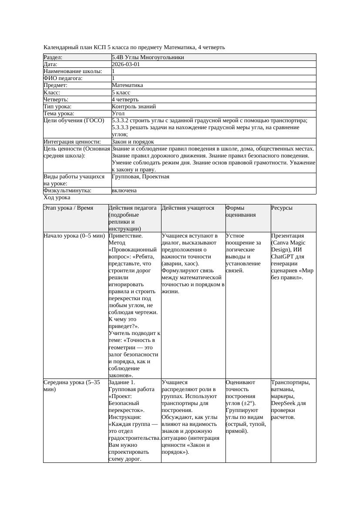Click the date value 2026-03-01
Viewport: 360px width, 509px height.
[x=126, y=64]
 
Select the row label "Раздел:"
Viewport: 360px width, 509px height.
[x=53, y=57]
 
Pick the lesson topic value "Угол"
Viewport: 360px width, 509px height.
[x=118, y=114]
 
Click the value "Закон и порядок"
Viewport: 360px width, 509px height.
[x=132, y=142]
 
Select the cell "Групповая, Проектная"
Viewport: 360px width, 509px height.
[x=140, y=177]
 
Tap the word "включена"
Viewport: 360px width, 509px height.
[x=124, y=191]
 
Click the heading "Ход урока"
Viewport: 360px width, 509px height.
[x=57, y=198]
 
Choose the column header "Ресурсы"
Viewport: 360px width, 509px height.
[x=282, y=208]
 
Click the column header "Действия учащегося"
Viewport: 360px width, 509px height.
[x=188, y=208]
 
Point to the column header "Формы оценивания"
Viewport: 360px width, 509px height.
[x=240, y=211]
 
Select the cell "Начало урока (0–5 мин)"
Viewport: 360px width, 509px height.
[x=74, y=236]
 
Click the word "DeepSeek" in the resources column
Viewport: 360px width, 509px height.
[x=283, y=403]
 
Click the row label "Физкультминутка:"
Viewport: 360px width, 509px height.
[x=67, y=191]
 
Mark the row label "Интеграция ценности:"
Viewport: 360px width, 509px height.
[x=72, y=142]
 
